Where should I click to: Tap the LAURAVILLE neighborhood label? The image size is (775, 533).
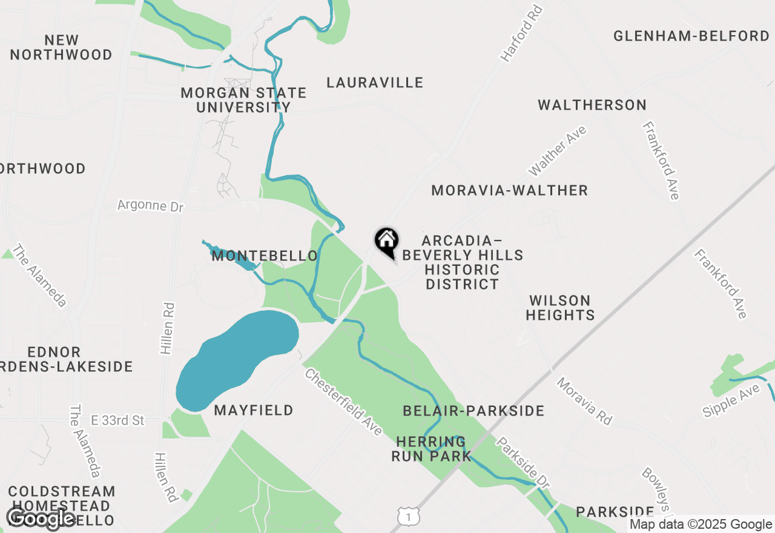pos(375,82)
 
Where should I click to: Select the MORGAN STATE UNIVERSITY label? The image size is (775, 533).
pos(243,100)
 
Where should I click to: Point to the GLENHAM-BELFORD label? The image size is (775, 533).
pos(691,36)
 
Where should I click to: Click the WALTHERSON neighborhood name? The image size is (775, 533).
pos(592,105)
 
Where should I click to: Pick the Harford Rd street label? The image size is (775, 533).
pos(520,34)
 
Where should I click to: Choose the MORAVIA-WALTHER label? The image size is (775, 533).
pos(509,190)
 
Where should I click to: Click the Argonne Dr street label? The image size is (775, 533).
pos(150,205)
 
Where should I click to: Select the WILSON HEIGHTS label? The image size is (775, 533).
pos(560,308)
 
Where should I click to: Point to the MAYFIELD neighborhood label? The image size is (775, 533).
pos(254,410)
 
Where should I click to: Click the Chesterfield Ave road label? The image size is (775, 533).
pos(343,401)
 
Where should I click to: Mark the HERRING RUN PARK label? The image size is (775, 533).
pos(431,449)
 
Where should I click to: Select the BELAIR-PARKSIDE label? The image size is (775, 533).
pos(473,411)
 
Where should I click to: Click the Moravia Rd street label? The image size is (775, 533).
pos(584,400)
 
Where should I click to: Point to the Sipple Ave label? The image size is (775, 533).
pos(731,400)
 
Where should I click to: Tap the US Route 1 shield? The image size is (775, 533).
pos(409,516)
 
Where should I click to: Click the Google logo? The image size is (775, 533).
pos(41,518)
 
